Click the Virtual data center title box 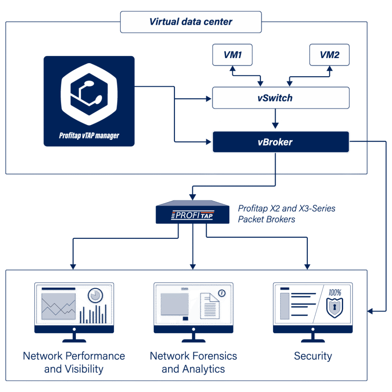pos(191,22)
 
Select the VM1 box pos(232,55)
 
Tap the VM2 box pos(329,55)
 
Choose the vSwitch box pos(281,98)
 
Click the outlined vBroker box pos(281,142)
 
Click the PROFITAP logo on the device pos(193,216)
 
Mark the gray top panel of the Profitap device pos(193,203)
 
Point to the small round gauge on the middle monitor pos(221,293)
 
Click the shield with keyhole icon pos(335,307)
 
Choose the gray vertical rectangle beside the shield pos(285,306)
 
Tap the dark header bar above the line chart pos(58,289)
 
